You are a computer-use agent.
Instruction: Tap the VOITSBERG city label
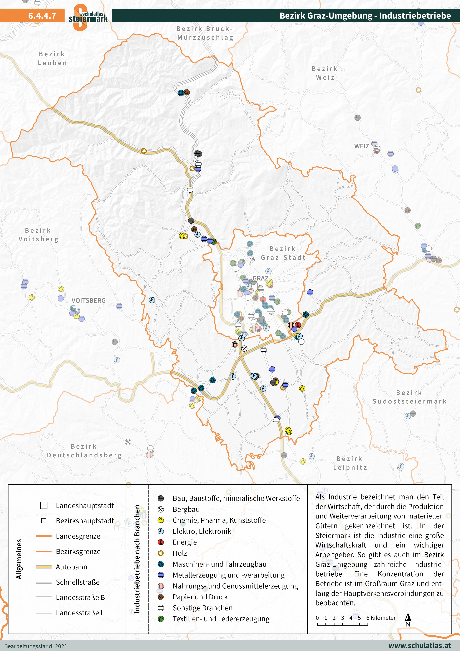88,301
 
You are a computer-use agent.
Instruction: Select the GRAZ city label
260,278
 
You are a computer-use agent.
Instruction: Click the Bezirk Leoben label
52,59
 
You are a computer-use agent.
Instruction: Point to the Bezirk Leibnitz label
350,463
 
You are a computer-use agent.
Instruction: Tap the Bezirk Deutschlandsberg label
84,451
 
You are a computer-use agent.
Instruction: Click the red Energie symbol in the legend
161,542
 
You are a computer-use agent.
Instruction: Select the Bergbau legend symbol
161,509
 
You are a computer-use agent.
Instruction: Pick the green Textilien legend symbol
161,619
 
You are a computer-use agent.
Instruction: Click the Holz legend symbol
161,553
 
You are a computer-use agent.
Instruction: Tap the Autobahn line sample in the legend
44,567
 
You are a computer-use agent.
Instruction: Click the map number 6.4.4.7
42,16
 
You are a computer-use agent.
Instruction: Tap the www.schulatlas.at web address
419,646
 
